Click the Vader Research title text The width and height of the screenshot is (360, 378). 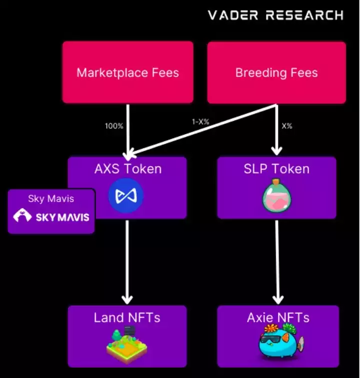275,15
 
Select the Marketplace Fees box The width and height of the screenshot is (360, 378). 127,72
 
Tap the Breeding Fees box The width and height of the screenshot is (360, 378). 276,72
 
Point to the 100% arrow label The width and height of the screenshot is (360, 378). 114,126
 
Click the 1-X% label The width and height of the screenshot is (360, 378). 200,122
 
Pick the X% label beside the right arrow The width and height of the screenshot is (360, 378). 287,126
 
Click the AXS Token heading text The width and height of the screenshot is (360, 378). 128,169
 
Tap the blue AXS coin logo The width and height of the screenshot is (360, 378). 126,196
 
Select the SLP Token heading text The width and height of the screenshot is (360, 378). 276,169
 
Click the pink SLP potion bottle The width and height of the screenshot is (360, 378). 276,196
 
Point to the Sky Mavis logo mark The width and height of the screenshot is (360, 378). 22,215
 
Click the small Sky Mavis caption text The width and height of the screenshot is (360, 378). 51,199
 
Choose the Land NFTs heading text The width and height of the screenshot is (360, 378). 127,318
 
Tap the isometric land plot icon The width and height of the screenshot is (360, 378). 127,344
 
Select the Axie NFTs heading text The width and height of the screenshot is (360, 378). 278,318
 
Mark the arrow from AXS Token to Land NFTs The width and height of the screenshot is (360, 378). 127,262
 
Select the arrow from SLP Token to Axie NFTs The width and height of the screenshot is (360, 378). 277,262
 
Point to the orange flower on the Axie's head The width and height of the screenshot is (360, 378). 271,328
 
